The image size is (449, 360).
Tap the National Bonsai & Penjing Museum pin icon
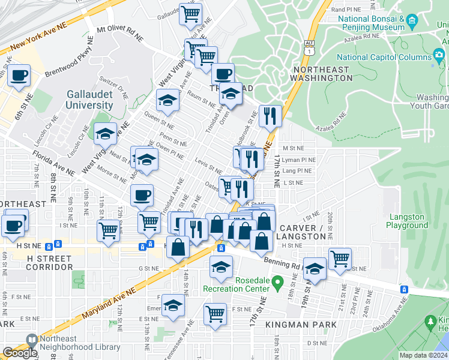412,23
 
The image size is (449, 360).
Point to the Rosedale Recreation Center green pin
277,281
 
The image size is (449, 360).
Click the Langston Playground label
408,221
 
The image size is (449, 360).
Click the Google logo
20,353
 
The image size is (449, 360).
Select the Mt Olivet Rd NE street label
120,32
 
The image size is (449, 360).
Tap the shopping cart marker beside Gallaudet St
191,14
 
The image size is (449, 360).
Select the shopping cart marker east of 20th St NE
340,259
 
